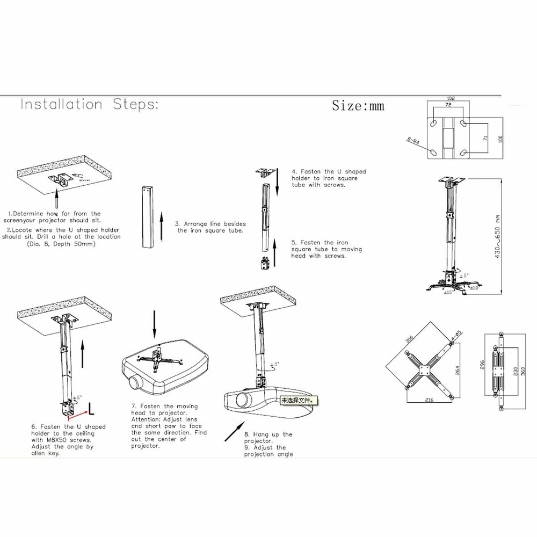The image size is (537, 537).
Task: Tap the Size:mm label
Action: [x=358, y=105]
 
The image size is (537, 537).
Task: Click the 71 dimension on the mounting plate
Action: [x=485, y=138]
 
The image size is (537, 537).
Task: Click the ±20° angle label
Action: [x=474, y=288]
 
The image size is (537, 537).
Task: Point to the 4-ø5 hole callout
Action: [x=456, y=336]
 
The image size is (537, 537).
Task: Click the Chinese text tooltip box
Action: [x=295, y=400]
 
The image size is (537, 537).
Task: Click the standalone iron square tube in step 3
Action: [x=146, y=217]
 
